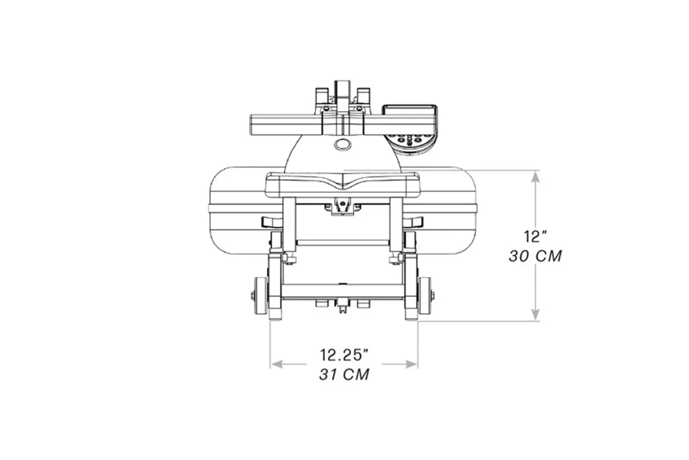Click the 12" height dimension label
click(535, 236)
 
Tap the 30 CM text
click(535, 256)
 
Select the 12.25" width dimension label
click(344, 355)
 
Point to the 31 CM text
click(344, 374)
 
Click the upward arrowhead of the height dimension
click(535, 178)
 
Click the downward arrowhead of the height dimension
click(535, 314)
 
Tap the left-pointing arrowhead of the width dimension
click(277, 364)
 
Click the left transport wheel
click(260, 296)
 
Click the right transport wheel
click(424, 296)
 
